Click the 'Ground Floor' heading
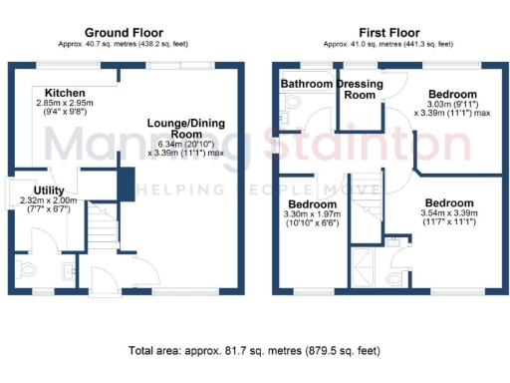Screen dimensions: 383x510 (x=124, y=32)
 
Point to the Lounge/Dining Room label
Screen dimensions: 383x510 (x=182, y=127)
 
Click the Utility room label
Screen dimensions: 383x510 (x=49, y=190)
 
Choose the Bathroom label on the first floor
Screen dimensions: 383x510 (x=305, y=84)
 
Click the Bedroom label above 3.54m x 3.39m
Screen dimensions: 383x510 (x=446, y=200)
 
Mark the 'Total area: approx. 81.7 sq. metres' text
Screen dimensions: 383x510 (x=254, y=351)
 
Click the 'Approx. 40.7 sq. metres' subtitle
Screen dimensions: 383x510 (x=124, y=44)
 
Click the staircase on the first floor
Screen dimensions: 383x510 (x=368, y=199)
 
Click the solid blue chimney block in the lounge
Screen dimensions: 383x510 (x=126, y=185)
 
